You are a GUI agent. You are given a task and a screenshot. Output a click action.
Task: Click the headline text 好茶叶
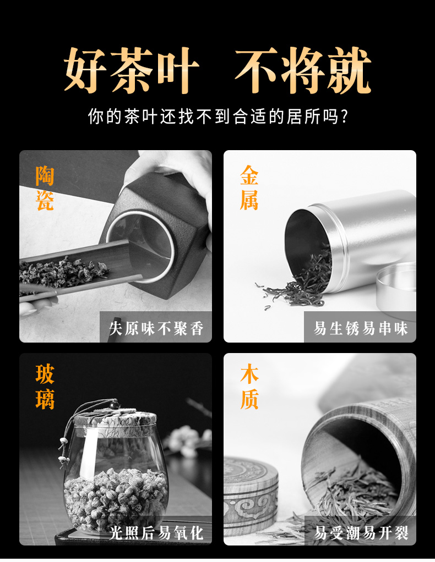(132, 70)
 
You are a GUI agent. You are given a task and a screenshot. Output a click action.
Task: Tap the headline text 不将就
(303, 70)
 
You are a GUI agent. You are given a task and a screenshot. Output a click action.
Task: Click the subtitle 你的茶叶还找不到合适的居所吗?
(218, 116)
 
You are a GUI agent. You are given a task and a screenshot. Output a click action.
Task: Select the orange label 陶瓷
(45, 188)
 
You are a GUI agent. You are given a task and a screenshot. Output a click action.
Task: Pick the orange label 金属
(249, 188)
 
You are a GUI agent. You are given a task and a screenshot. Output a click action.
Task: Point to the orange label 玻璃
(45, 387)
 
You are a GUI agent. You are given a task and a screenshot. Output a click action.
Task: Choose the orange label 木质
(249, 387)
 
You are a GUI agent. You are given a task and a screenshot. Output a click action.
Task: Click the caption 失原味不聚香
(156, 328)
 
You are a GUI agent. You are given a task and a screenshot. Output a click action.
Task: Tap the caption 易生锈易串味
(361, 328)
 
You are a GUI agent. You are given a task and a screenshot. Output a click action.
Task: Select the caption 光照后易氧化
(156, 533)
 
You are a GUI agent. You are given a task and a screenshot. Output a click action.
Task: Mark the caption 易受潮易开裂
(361, 533)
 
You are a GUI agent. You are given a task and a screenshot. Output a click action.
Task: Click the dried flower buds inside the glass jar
(116, 498)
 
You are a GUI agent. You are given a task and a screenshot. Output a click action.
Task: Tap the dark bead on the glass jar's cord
(115, 405)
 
